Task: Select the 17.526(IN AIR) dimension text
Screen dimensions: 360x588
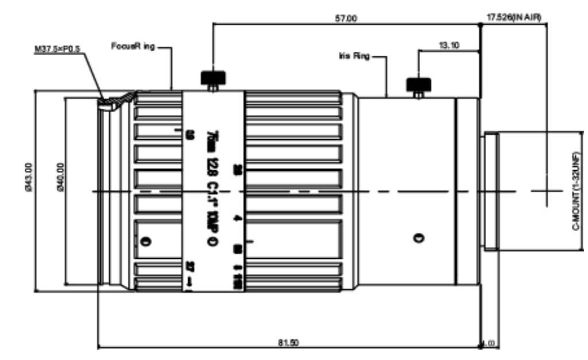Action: (x=514, y=18)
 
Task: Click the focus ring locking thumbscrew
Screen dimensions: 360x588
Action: (x=212, y=79)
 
